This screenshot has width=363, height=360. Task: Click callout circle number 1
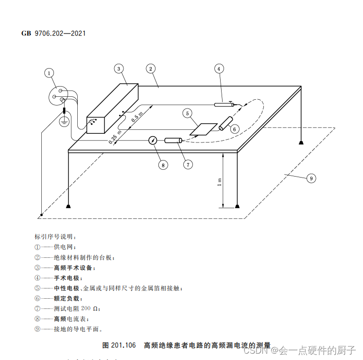point(49,73)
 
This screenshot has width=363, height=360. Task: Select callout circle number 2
point(152,69)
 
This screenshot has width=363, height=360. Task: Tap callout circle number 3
point(119,69)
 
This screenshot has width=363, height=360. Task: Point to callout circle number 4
point(219,69)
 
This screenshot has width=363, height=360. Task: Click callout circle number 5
point(188,113)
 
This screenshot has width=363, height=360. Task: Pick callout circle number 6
point(234,129)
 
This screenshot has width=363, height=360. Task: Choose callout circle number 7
point(188,164)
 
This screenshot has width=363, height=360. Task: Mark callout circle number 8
point(163,164)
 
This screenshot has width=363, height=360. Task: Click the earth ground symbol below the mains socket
point(64,122)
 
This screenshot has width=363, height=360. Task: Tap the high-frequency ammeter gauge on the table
point(153,141)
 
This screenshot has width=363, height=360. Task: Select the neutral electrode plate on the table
point(204,128)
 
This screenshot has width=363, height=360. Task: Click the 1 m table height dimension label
point(219,182)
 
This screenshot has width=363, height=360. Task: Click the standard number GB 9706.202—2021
point(54,34)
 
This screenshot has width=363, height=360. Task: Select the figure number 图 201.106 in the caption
point(119,345)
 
